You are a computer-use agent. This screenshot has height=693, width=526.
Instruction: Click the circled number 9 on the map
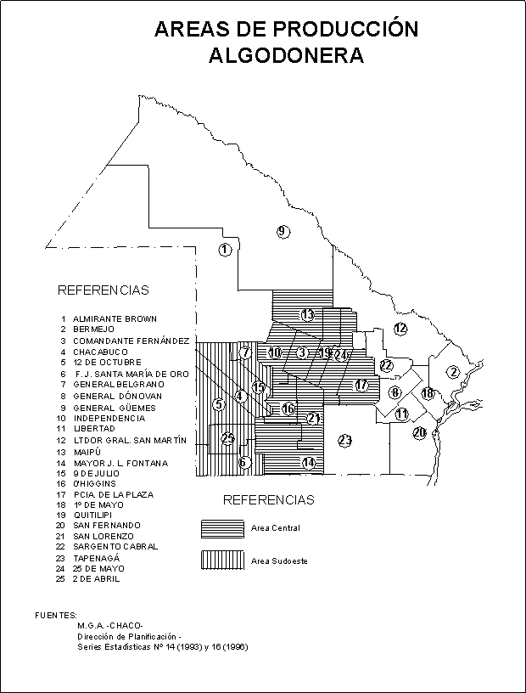coord(283,231)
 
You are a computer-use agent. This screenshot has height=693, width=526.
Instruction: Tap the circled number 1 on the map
coord(225,250)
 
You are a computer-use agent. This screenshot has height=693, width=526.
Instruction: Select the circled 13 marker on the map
coord(308,315)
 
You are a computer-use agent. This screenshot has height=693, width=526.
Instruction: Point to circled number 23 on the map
coord(344,440)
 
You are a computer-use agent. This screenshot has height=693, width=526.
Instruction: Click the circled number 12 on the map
coord(400,328)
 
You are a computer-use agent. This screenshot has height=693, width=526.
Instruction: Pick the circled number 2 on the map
coord(454,372)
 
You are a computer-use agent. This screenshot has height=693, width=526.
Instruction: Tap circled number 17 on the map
coord(362,385)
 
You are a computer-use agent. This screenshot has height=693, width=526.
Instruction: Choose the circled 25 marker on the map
coord(227,438)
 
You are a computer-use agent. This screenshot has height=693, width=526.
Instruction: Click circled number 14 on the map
coord(309,463)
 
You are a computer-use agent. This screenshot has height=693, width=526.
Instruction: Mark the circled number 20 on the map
coord(419,433)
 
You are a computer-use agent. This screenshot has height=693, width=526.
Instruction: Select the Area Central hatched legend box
coord(222,528)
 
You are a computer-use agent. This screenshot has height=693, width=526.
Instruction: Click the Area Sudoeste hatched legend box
coord(222,561)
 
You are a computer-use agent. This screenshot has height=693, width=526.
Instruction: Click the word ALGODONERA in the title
coord(286,56)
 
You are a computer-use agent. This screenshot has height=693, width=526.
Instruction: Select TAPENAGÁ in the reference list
coord(96,558)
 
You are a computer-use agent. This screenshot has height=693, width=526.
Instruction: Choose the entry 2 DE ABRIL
coord(96,579)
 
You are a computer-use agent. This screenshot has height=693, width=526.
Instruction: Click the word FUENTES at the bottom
coord(56,614)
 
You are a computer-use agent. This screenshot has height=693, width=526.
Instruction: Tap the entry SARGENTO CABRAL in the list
coord(115,547)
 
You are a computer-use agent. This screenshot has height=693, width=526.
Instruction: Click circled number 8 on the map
coord(395,392)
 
